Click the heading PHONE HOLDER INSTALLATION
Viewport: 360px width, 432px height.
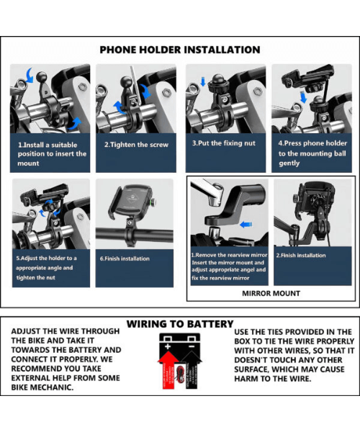pos(179,50)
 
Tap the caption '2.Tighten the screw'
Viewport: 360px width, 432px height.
pos(136,145)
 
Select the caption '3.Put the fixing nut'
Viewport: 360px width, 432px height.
pos(224,143)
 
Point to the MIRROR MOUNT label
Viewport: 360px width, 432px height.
pos(271,293)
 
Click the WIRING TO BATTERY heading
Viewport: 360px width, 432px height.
pos(179,325)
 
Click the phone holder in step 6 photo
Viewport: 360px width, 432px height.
pos(130,206)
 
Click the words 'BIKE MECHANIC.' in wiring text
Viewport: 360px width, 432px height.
pos(43,387)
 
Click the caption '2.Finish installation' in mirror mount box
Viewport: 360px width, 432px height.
pos(301,256)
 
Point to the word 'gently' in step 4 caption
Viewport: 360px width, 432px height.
pos(289,163)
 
